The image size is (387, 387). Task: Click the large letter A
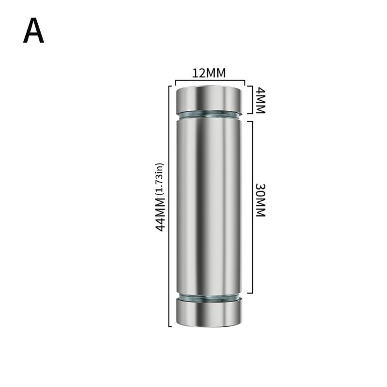click(33, 31)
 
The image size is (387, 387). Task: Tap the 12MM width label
click(209, 73)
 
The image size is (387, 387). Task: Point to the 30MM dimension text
click(260, 200)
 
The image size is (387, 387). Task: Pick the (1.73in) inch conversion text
click(160, 179)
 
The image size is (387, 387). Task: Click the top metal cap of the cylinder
click(209, 100)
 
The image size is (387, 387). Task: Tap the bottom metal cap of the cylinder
click(209, 313)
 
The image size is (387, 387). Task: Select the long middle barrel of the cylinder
click(209, 206)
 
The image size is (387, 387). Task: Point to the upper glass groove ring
click(209, 114)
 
